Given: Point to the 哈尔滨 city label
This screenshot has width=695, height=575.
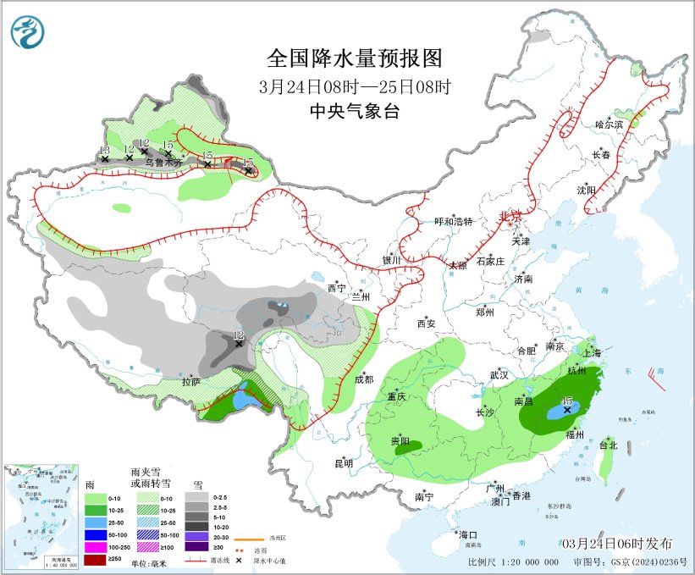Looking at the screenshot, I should pyautogui.click(x=608, y=124).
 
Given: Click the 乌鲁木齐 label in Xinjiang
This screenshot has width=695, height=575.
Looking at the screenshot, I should pyautogui.click(x=160, y=161).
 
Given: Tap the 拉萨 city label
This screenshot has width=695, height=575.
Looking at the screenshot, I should pyautogui.click(x=191, y=382).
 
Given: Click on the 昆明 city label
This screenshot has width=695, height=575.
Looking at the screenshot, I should pyautogui.click(x=344, y=463).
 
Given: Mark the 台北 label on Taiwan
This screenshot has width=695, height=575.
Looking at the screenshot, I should pyautogui.click(x=609, y=445).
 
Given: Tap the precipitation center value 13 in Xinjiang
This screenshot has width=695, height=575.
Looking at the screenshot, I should pyautogui.click(x=104, y=151).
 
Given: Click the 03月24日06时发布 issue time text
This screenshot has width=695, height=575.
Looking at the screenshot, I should pyautogui.click(x=616, y=543).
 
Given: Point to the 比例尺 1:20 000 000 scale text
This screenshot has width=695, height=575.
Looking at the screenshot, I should pyautogui.click(x=513, y=561).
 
